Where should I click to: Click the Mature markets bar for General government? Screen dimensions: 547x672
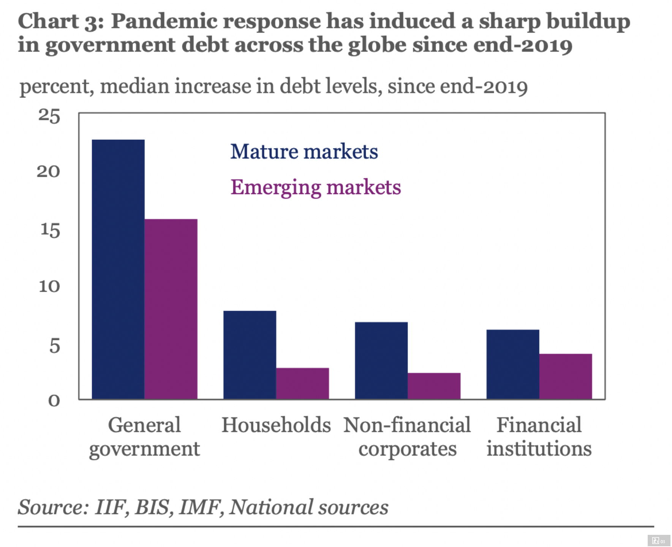pyautogui.click(x=118, y=269)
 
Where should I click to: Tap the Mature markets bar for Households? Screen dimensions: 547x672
pyautogui.click(x=250, y=355)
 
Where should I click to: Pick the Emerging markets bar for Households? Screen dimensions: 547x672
pyautogui.click(x=302, y=383)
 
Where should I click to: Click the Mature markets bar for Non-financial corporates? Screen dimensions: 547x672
pyautogui.click(x=381, y=360)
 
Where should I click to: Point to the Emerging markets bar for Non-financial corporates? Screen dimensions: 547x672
pyautogui.click(x=434, y=386)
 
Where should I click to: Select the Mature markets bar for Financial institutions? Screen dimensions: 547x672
pyautogui.click(x=513, y=364)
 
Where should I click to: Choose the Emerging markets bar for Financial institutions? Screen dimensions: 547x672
pyautogui.click(x=566, y=376)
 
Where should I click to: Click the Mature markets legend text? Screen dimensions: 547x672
pyautogui.click(x=304, y=152)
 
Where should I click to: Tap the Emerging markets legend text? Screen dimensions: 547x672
pyautogui.click(x=316, y=187)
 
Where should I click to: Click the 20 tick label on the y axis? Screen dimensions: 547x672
pyautogui.click(x=49, y=172)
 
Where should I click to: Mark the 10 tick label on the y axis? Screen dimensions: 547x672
pyautogui.click(x=49, y=286)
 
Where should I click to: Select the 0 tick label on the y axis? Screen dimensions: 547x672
pyautogui.click(x=54, y=400)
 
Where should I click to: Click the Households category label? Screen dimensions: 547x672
pyautogui.click(x=276, y=425)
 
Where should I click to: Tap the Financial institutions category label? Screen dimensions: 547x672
pyautogui.click(x=539, y=436)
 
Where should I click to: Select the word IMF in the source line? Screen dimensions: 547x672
pyautogui.click(x=200, y=507)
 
